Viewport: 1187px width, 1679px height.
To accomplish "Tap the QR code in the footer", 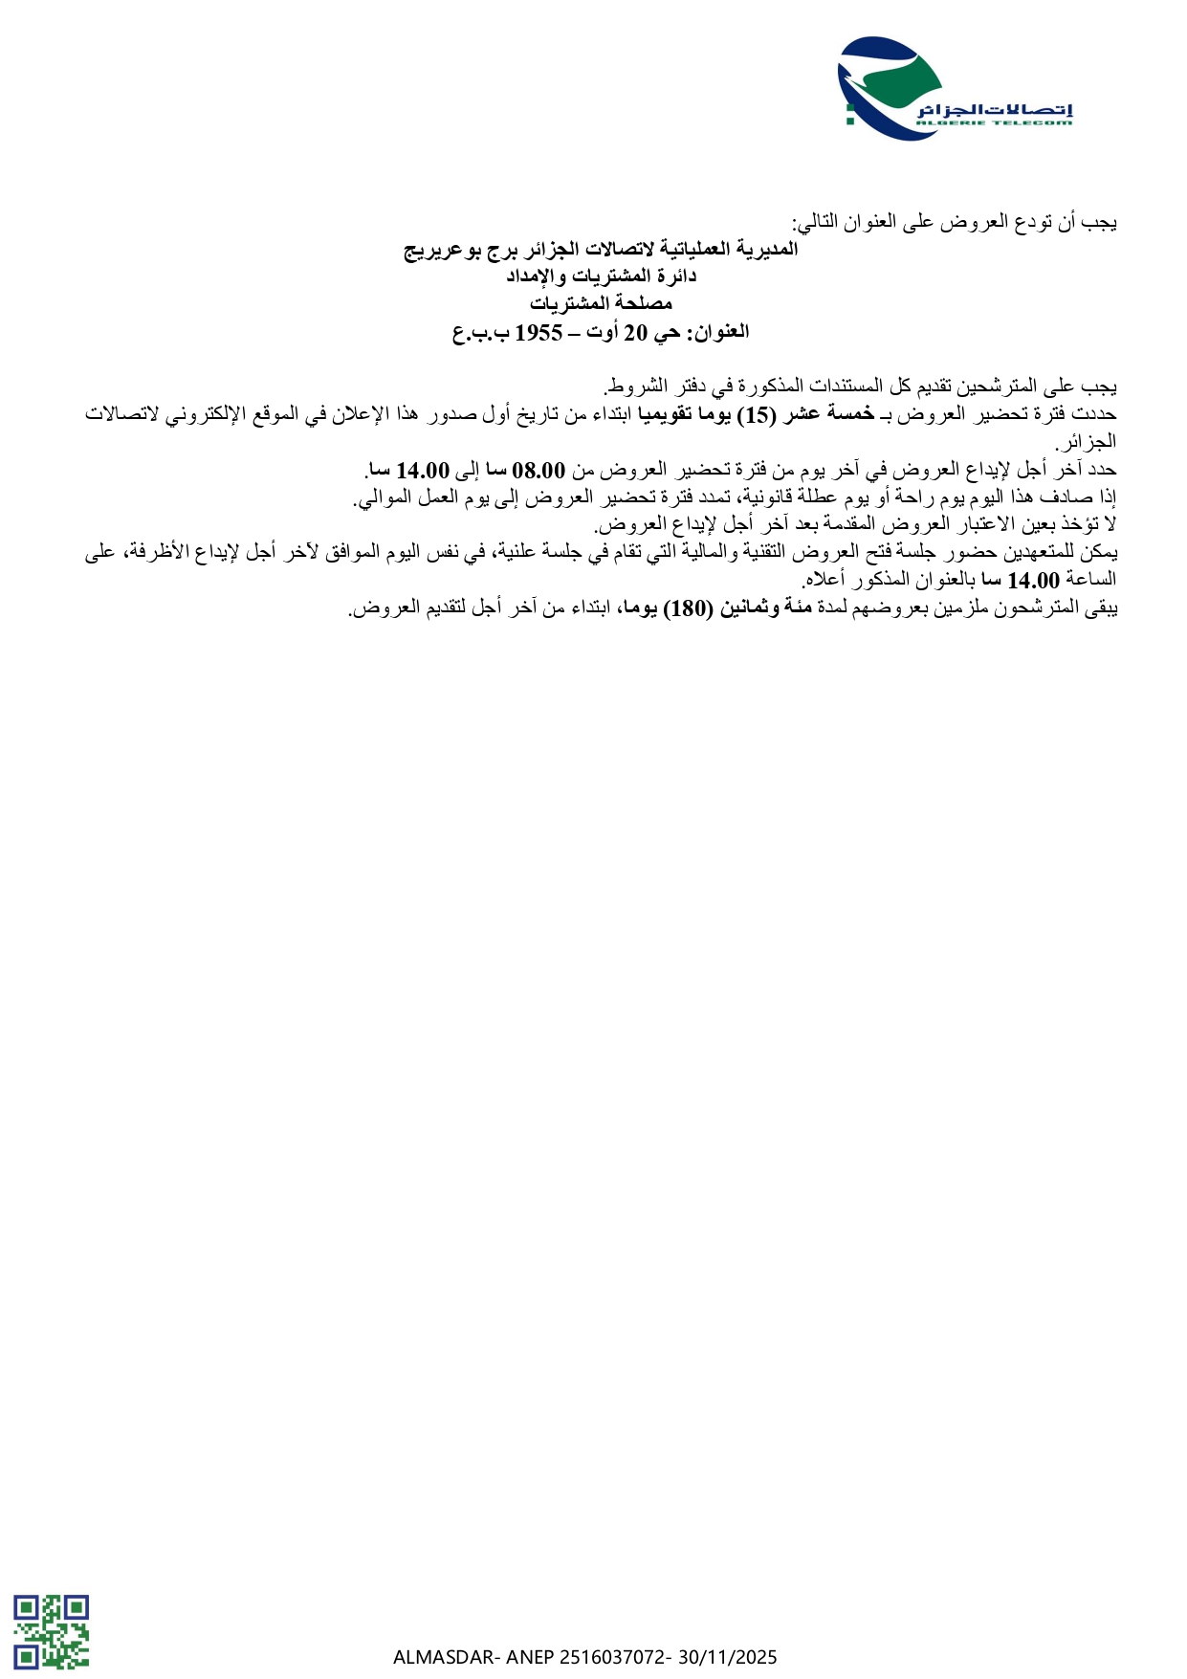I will click(x=51, y=1630).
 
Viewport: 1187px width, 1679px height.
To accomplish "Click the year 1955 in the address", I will click(x=539, y=332).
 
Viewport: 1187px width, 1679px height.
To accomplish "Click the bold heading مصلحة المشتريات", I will click(x=602, y=304).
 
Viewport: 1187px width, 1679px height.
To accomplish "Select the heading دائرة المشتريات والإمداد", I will click(x=602, y=276).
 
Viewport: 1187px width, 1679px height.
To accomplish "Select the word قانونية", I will click(x=777, y=497).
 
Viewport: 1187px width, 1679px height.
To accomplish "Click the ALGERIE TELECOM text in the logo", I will click(x=994, y=122).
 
